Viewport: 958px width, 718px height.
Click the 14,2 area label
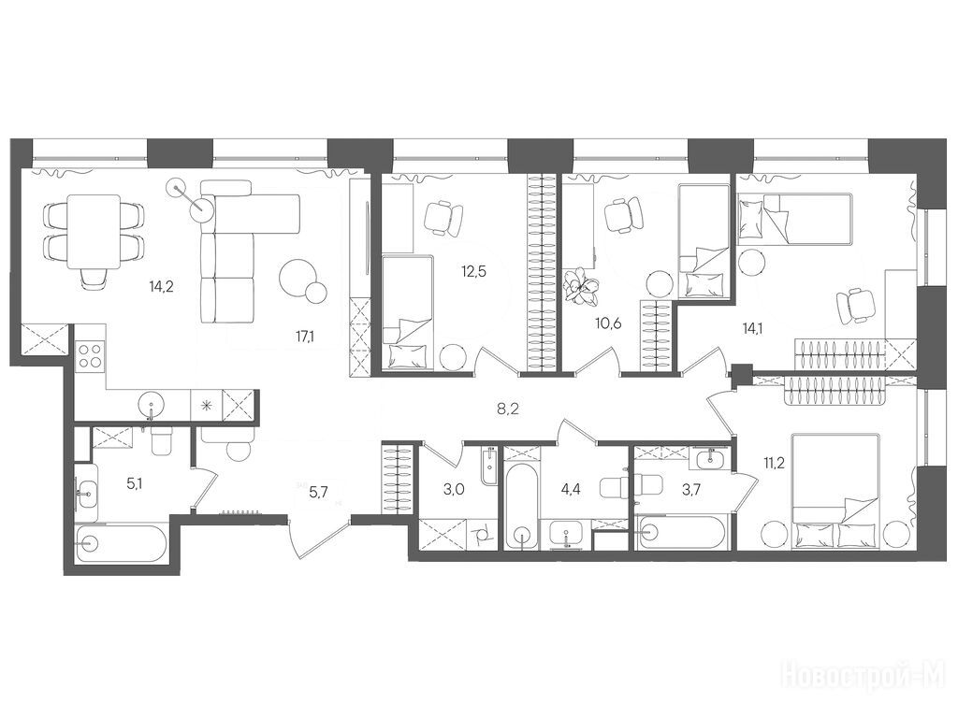[161, 285]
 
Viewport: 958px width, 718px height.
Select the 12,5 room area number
[473, 272]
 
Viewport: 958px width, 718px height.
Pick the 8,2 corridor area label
[507, 409]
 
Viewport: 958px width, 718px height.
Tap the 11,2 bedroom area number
[756, 461]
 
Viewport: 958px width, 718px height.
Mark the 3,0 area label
[454, 488]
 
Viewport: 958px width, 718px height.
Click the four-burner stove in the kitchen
[91, 355]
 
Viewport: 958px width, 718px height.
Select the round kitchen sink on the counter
[151, 404]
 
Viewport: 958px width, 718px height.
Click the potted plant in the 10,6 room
[582, 286]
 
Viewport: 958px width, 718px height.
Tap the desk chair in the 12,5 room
[443, 218]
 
